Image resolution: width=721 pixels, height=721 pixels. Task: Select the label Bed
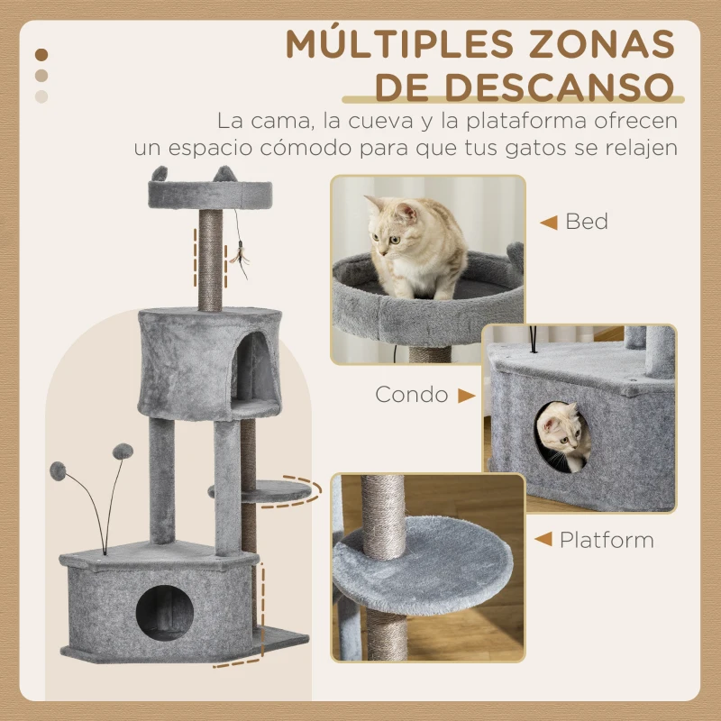pyautogui.click(x=587, y=221)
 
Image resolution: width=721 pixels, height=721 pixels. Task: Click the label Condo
pyautogui.click(x=412, y=395)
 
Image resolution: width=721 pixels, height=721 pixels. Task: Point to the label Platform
pyautogui.click(x=607, y=541)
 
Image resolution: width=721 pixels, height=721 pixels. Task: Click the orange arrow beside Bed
pyautogui.click(x=547, y=221)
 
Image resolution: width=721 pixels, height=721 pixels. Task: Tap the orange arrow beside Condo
pyautogui.click(x=466, y=395)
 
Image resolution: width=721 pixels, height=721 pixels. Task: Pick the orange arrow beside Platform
pyautogui.click(x=543, y=541)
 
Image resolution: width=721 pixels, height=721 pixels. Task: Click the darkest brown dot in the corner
pyautogui.click(x=41, y=55)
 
